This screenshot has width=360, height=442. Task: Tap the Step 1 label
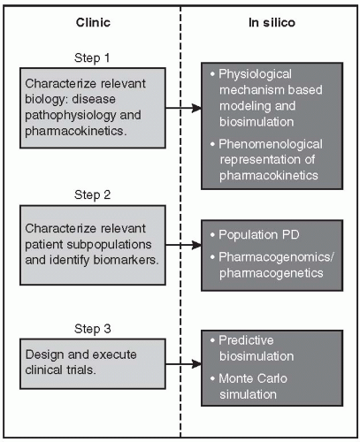coord(92,57)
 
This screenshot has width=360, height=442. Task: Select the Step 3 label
coord(92,329)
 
